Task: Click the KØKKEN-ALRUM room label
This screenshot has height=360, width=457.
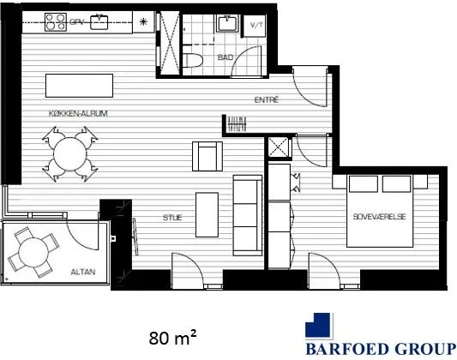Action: point(78,114)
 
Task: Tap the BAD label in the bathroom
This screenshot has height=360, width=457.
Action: point(225,57)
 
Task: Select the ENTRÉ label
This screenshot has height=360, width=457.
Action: point(267,100)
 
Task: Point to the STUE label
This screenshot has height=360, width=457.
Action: point(172,217)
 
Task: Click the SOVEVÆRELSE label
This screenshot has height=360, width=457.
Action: point(380,217)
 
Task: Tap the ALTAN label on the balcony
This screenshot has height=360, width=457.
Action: point(83,272)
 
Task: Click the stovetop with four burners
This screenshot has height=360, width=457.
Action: point(56,22)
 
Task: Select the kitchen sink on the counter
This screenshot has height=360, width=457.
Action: point(99,21)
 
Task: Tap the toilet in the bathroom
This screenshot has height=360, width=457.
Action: point(193,61)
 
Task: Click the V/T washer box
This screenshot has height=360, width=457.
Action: point(255,26)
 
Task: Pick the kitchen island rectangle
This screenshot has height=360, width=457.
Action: point(79,86)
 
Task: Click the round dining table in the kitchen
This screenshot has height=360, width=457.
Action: point(70,154)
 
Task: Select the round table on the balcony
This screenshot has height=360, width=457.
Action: point(33,252)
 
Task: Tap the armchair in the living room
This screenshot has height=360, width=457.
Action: point(207,156)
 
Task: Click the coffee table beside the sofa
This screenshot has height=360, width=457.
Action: point(207,214)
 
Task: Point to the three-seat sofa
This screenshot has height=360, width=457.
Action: point(248,215)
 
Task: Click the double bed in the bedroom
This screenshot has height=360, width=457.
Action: point(380,211)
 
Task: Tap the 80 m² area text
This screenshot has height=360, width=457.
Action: point(172,338)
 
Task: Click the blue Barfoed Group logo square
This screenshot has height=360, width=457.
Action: point(319,327)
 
